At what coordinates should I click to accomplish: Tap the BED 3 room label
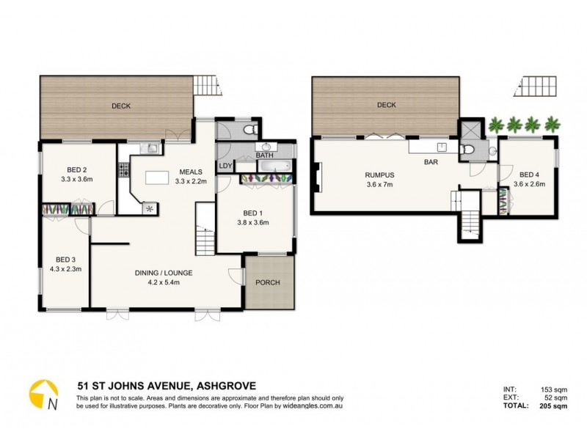coord(65,260)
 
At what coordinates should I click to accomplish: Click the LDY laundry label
coord(225,166)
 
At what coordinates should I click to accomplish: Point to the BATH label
coord(265,155)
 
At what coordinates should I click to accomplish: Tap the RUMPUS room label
coord(381,175)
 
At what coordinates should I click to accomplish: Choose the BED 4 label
coord(529,175)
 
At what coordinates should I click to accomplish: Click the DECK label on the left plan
coord(121,106)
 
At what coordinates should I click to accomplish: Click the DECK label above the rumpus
coord(387,106)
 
